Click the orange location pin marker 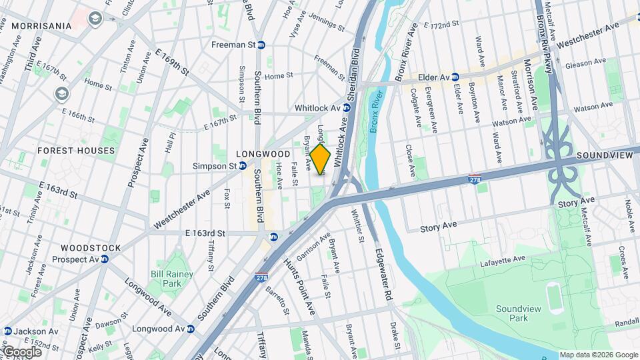(x=321, y=160)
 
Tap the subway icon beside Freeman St (x=262, y=45)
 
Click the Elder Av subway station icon (x=455, y=77)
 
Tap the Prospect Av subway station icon (x=105, y=259)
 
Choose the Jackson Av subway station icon (x=7, y=331)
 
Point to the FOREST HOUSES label (x=76, y=151)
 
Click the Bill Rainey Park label (x=171, y=279)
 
